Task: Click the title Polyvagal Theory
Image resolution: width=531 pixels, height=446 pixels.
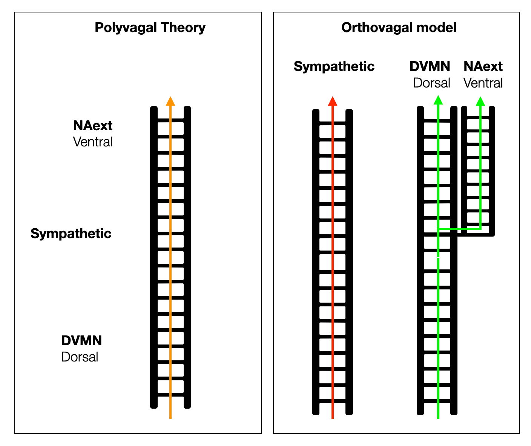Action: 150,28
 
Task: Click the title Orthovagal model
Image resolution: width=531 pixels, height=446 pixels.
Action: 399,28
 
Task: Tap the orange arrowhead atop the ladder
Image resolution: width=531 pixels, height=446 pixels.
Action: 170,101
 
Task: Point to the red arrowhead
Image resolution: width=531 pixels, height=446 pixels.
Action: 332,101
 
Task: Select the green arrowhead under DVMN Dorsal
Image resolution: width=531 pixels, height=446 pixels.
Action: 438,100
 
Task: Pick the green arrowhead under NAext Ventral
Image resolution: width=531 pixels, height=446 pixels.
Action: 480,101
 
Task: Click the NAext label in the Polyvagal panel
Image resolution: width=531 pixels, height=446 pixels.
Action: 93,125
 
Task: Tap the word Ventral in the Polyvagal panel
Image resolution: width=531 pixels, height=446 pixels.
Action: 93,142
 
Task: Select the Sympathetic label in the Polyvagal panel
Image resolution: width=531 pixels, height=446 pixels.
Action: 71,234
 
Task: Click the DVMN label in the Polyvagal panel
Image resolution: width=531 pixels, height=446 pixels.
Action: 81,340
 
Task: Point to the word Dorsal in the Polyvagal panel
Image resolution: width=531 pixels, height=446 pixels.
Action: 80,357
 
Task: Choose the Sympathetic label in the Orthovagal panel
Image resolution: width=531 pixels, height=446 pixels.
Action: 334,66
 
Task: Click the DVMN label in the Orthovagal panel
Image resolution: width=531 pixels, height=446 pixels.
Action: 430,66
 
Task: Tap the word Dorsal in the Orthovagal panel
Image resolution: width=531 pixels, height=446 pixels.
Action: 432,83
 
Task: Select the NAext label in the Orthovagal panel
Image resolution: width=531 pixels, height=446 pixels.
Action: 483,66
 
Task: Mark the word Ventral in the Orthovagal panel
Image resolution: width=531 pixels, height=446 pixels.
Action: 483,83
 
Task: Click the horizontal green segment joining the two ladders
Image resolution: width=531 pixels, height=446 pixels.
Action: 459,229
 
